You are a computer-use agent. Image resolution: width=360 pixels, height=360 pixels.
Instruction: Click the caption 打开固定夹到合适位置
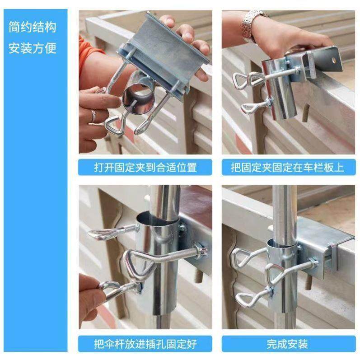tap(145, 168)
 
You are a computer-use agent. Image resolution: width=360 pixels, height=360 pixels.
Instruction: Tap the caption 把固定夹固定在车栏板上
tap(287, 168)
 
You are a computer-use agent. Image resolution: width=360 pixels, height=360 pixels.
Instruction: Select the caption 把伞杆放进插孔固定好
tap(145, 344)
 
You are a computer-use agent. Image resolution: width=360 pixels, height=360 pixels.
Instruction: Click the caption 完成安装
tap(287, 344)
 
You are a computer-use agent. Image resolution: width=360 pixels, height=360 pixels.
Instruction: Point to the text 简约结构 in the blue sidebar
tap(33, 27)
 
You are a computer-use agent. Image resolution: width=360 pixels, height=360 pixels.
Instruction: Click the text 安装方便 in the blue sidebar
tap(33, 48)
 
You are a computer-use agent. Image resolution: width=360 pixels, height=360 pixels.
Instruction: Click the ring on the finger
tap(94, 116)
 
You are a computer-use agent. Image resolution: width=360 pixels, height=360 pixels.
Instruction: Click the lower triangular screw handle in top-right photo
tap(250, 108)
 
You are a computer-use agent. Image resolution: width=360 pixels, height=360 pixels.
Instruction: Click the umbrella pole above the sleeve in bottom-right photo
tap(284, 208)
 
